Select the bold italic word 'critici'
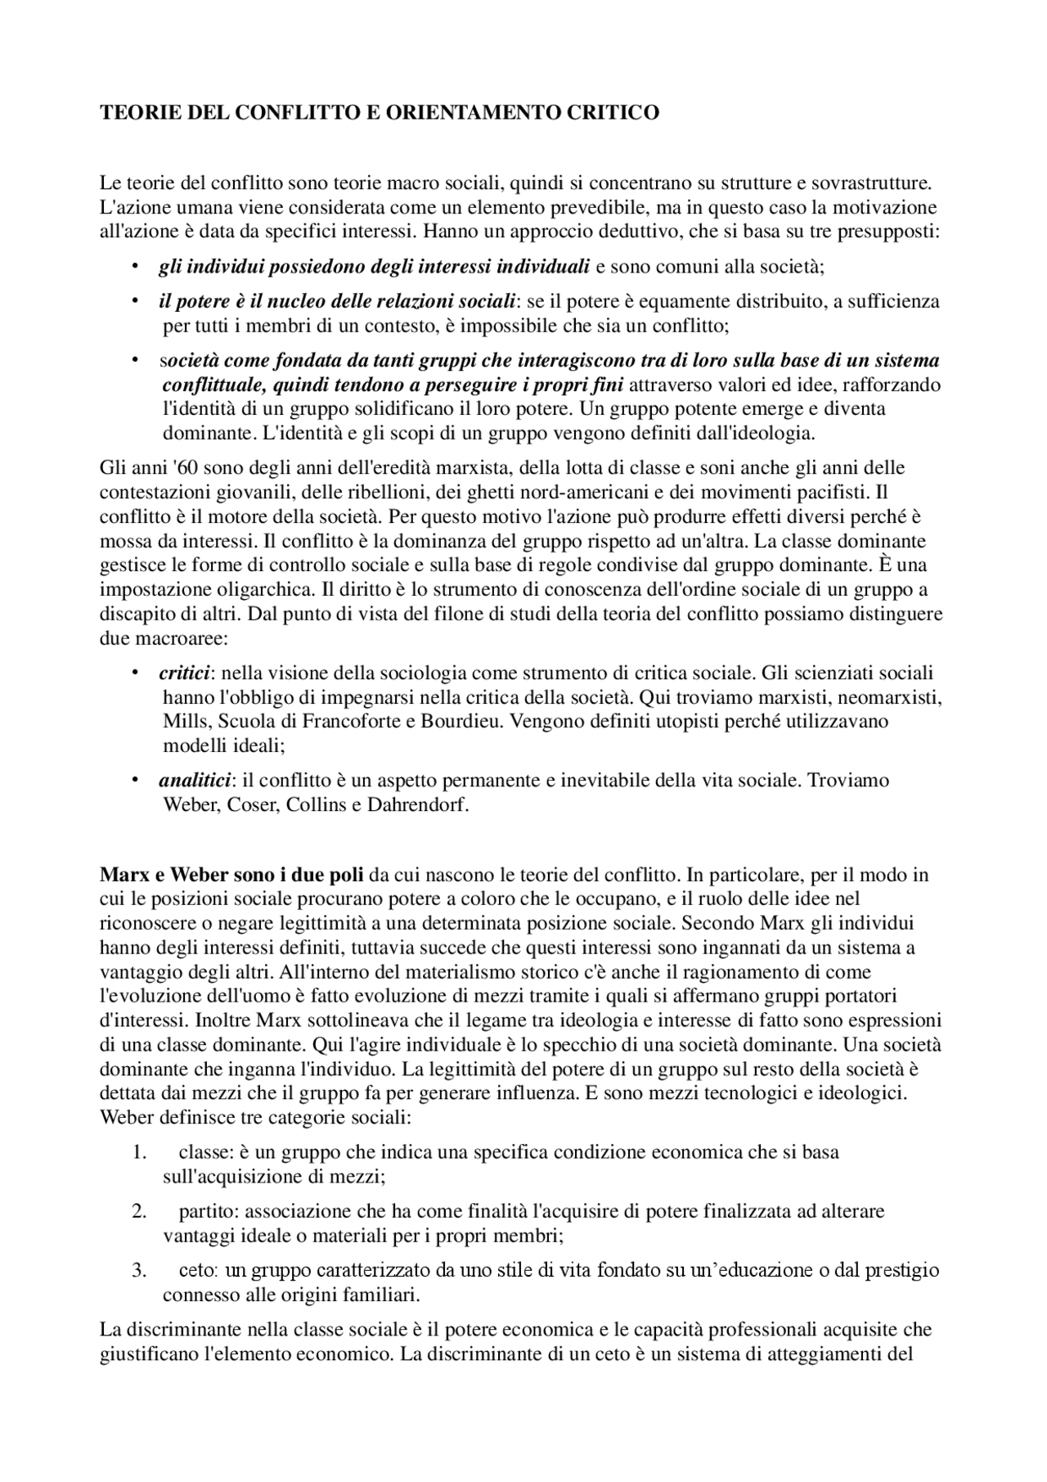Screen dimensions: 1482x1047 [x=184, y=673]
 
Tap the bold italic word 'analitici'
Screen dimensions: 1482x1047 [x=195, y=780]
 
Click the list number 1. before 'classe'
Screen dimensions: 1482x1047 [x=139, y=1152]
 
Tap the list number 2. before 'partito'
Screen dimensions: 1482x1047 [x=139, y=1211]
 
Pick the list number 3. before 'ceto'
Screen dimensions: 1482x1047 [x=139, y=1271]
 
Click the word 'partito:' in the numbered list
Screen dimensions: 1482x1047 [x=209, y=1211]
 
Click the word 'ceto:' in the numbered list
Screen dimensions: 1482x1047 [x=198, y=1271]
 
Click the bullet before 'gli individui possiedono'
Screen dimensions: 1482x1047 [x=133, y=267]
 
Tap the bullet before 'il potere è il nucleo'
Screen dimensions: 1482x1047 [x=133, y=302]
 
